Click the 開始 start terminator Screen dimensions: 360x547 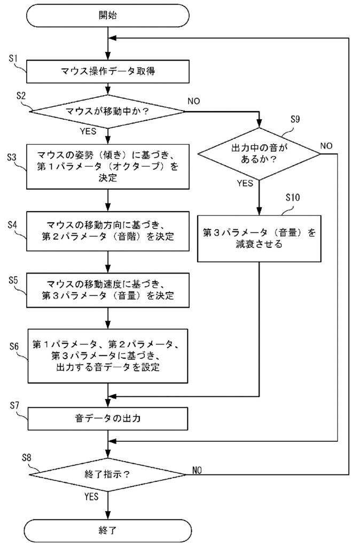tap(108, 15)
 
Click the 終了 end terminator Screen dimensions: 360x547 tap(108, 530)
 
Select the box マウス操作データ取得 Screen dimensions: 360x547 tap(108, 72)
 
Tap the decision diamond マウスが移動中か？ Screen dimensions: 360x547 tap(108, 112)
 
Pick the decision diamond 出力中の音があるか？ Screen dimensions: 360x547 tap(259, 154)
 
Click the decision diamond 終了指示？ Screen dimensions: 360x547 tap(108, 474)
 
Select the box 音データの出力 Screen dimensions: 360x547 tap(108, 418)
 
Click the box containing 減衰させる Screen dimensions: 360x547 tap(259, 239)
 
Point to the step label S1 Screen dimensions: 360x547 tap(13, 58)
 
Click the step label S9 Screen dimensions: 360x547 tap(295, 119)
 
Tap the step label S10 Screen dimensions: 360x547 tap(292, 198)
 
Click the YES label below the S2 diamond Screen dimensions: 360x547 tap(88, 131)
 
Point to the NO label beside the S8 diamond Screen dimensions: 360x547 tap(197, 470)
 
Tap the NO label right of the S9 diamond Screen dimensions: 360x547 tap(326, 146)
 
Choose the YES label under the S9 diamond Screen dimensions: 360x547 tap(245, 184)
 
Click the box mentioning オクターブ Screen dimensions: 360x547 tap(108, 167)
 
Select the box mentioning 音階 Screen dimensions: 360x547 tap(108, 231)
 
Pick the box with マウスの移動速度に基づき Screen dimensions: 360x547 tap(108, 290)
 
